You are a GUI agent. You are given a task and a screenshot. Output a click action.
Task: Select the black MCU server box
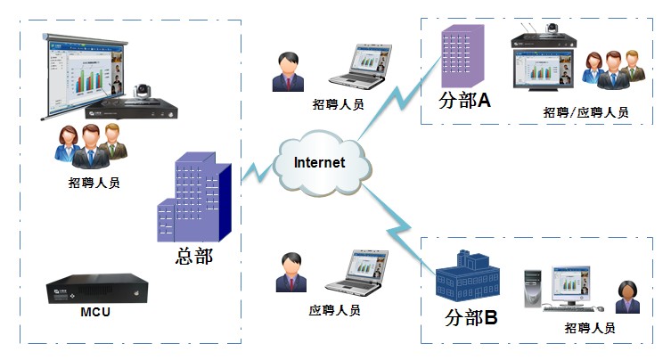[x=98, y=288]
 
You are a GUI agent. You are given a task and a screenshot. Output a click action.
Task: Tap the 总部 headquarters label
[x=194, y=257]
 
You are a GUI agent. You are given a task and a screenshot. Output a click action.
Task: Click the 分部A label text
[x=465, y=101]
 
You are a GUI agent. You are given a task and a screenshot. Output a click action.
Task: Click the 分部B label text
[x=471, y=317]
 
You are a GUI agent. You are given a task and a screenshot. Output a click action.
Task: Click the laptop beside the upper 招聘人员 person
[x=360, y=66]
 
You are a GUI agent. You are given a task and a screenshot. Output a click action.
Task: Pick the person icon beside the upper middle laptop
[x=288, y=71]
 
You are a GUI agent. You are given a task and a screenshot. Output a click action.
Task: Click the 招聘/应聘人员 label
[x=585, y=112]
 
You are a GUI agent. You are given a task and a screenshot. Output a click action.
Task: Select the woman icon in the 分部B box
[x=629, y=296]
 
